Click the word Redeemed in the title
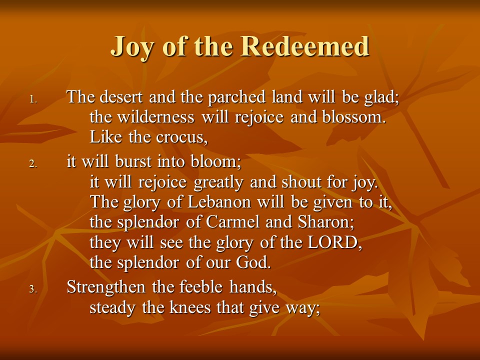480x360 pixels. (304, 46)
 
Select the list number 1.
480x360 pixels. (33, 99)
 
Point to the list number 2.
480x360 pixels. (33, 164)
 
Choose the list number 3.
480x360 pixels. (33, 289)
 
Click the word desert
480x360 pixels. (121, 97)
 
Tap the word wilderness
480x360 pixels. (156, 117)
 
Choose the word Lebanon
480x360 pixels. (219, 202)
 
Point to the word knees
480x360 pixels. (190, 307)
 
